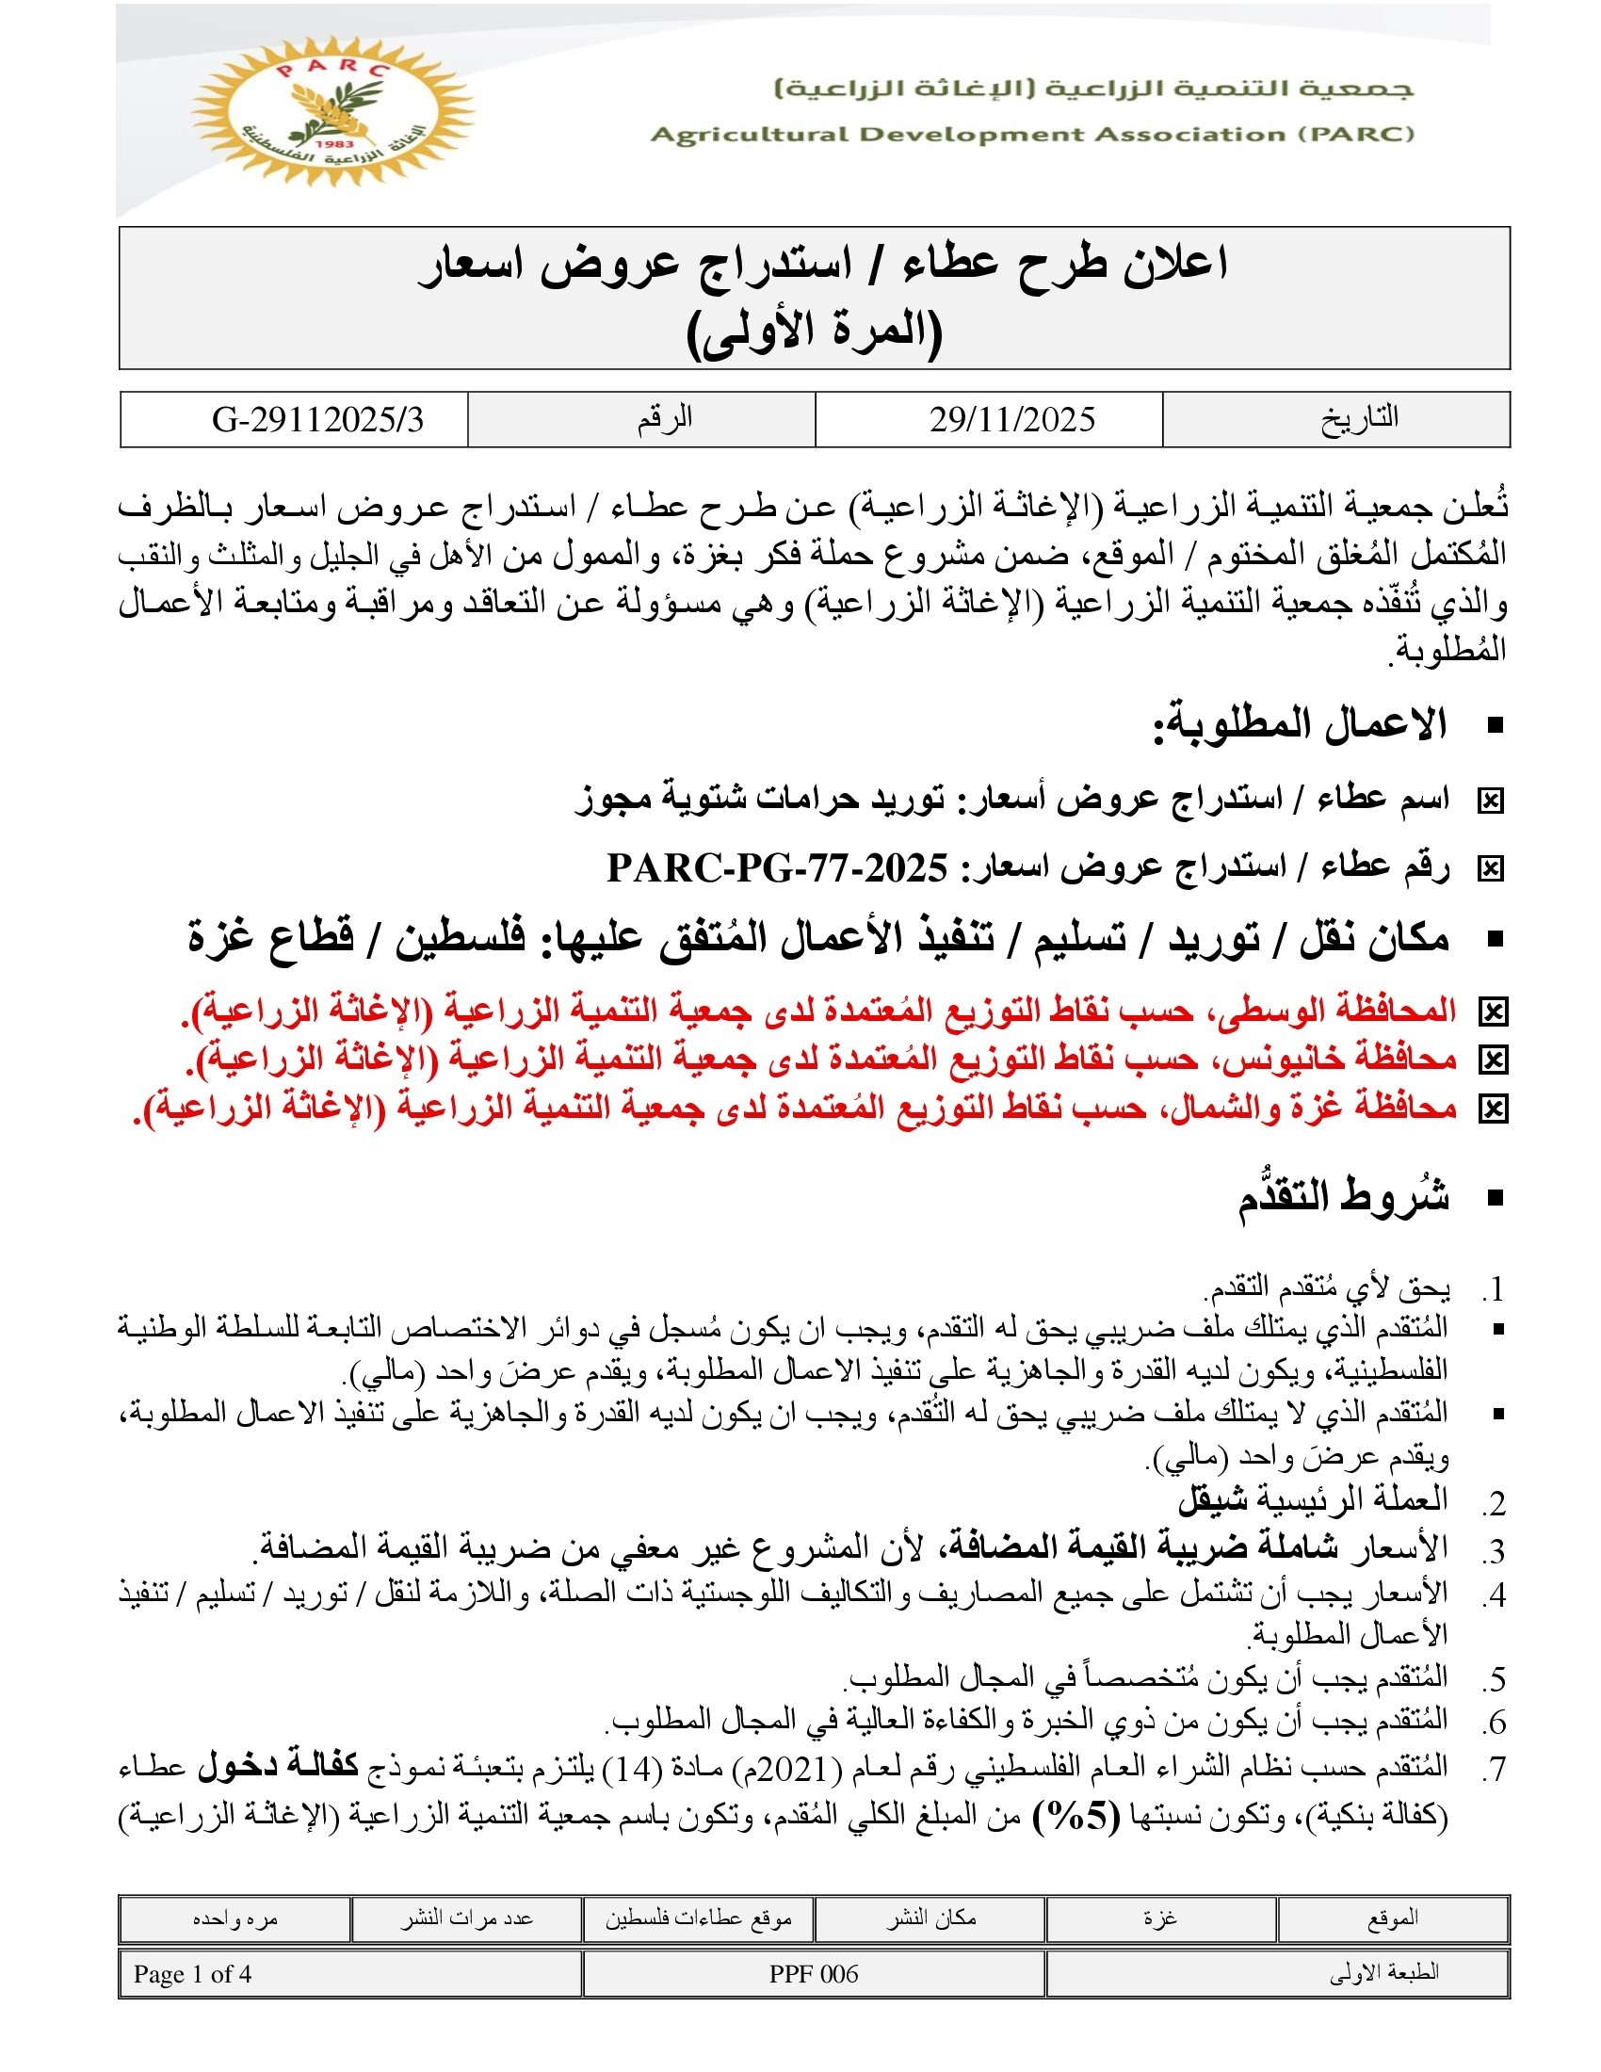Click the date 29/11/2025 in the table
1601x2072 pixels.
point(1011,419)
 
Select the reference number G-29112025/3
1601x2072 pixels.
point(317,419)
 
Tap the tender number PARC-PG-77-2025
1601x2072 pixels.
point(778,867)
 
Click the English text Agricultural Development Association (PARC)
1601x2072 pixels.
point(1032,135)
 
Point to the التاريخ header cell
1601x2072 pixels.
point(1359,418)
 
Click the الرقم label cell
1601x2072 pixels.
point(664,418)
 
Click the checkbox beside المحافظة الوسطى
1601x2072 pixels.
point(1492,1012)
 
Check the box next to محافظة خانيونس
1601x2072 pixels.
point(1492,1060)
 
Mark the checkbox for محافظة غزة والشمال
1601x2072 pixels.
point(1492,1109)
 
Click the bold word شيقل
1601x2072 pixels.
point(1213,1500)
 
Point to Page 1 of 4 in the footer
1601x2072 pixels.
point(192,1974)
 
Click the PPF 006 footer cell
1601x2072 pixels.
point(814,1974)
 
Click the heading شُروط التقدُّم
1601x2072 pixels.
point(1343,1197)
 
